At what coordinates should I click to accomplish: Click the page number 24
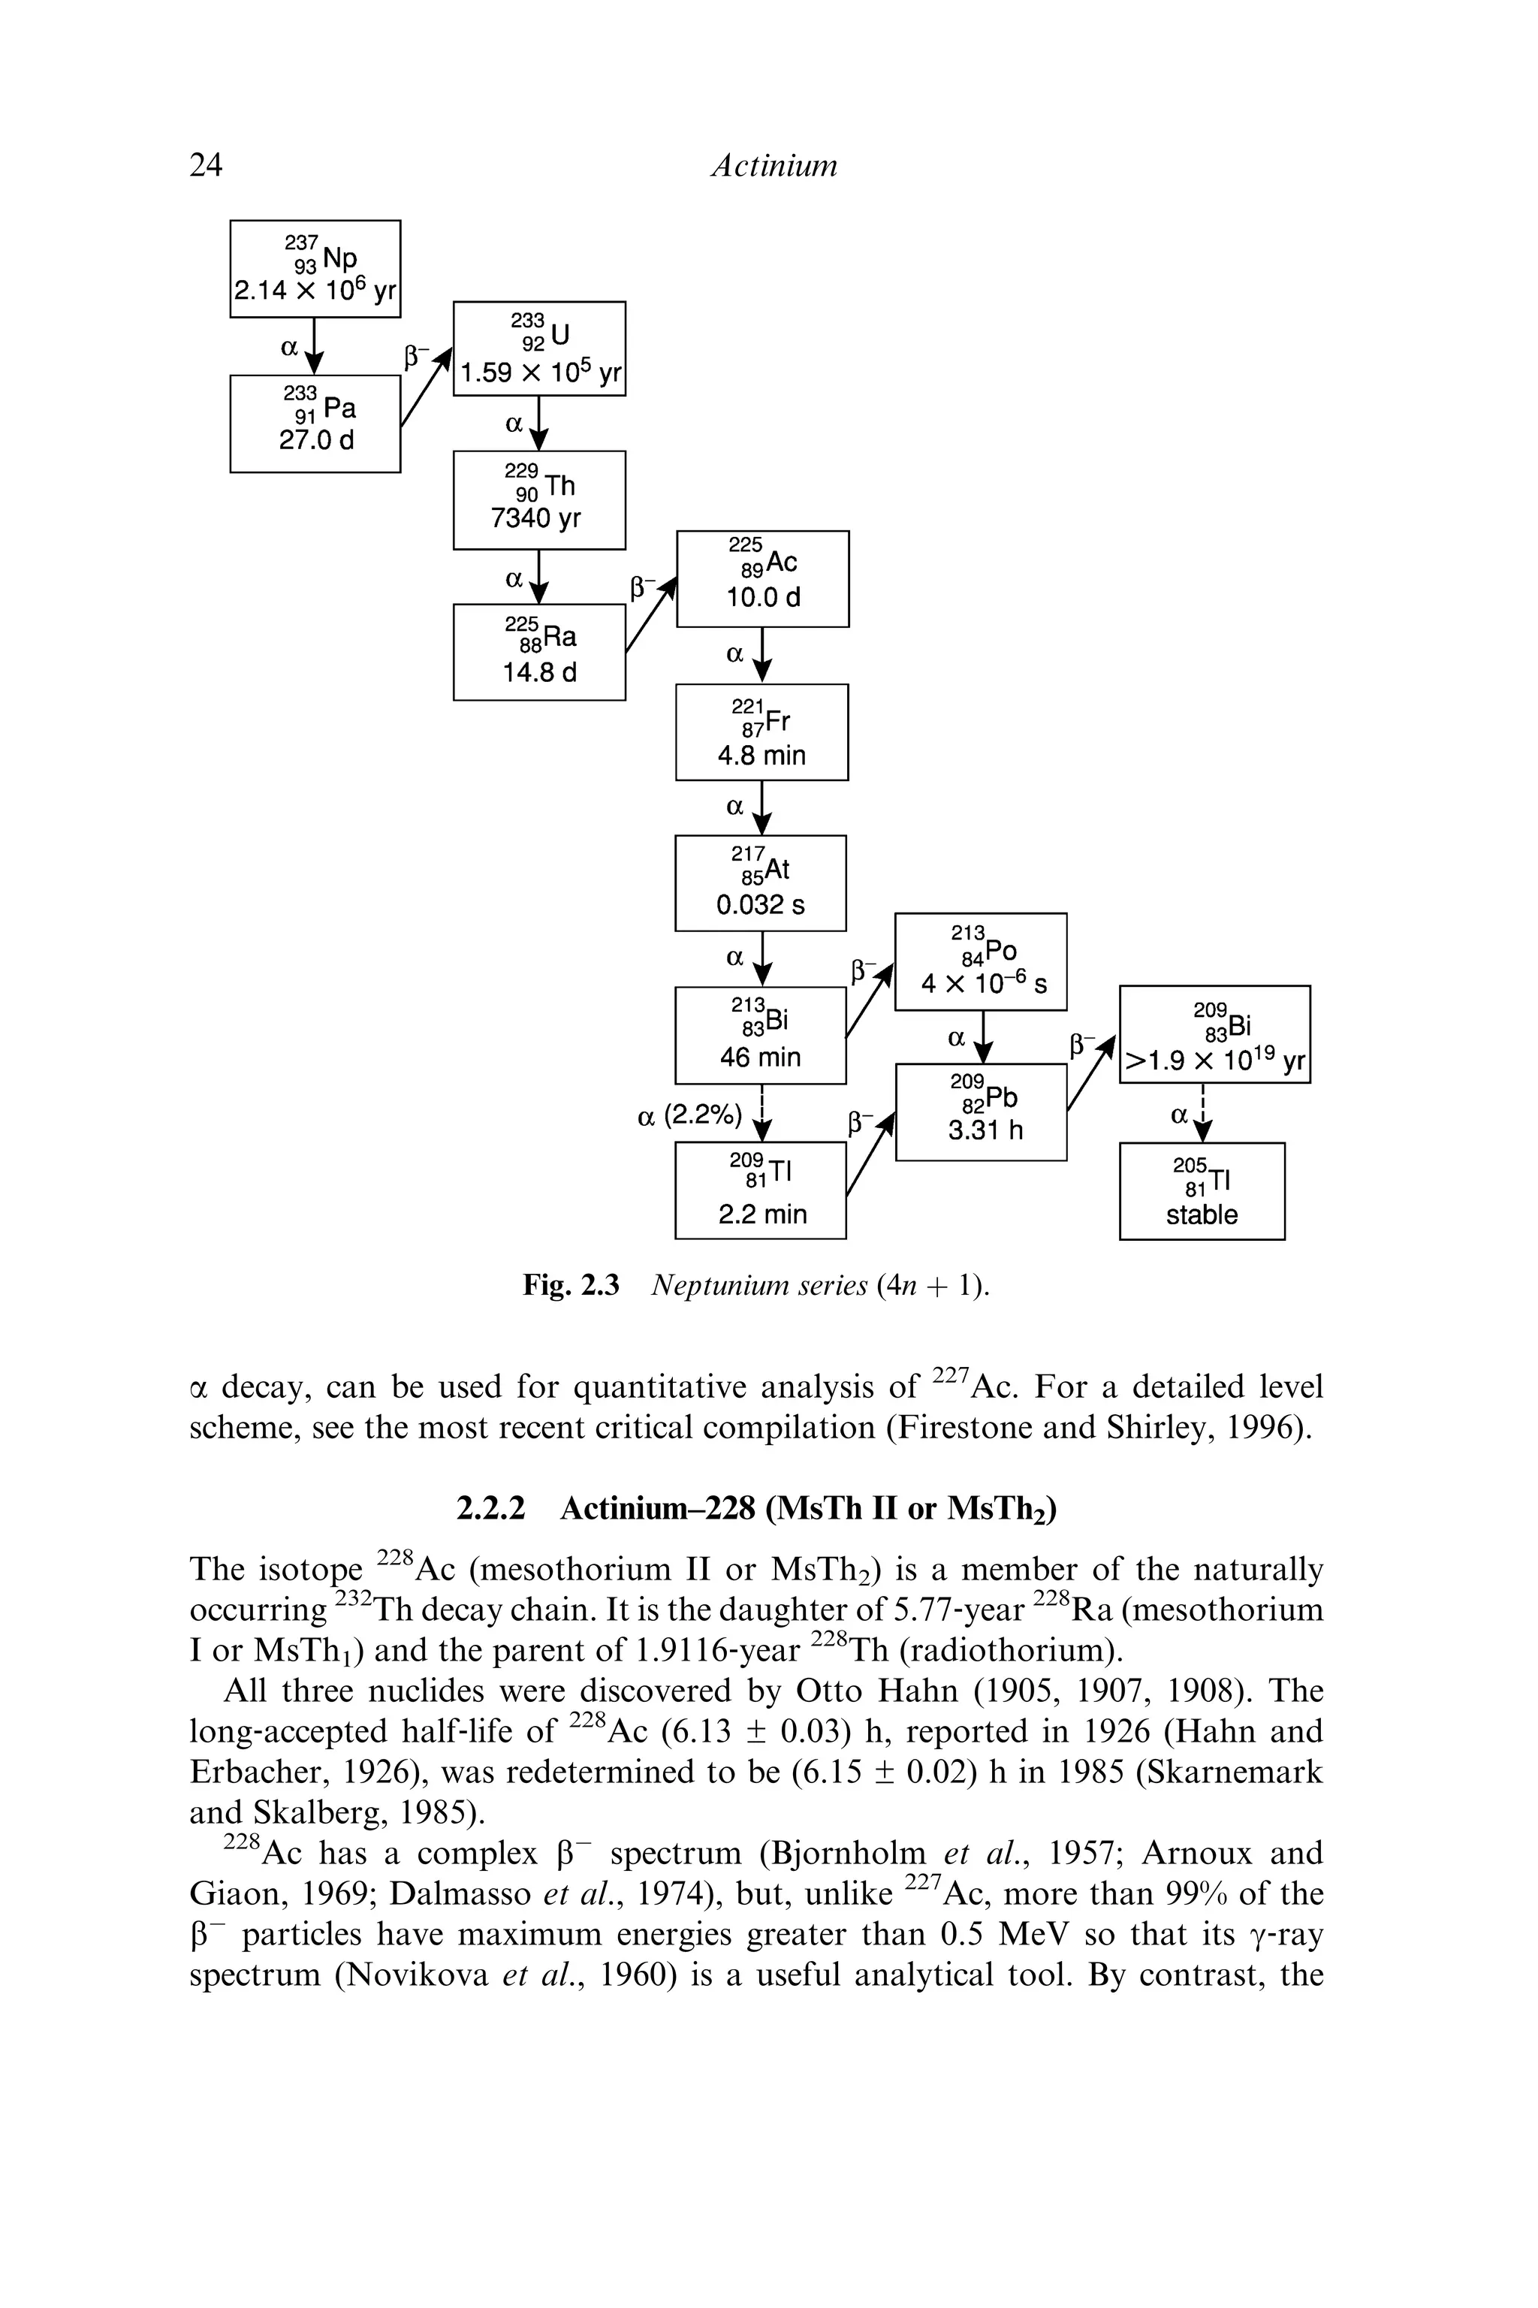[x=206, y=164]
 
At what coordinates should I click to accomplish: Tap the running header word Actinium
[x=774, y=164]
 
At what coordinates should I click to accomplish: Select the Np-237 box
[x=315, y=269]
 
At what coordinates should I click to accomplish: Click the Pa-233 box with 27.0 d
[x=315, y=424]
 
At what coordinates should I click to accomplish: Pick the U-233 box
[x=538, y=348]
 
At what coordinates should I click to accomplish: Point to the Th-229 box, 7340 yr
[x=538, y=500]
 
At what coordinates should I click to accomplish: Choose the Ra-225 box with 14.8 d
[x=538, y=652]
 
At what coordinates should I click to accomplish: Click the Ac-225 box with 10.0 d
[x=762, y=579]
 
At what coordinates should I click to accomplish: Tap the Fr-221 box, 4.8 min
[x=761, y=732]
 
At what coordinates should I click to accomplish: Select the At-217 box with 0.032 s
[x=760, y=882]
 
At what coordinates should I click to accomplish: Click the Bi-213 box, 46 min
[x=760, y=1035]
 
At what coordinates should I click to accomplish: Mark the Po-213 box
[x=980, y=961]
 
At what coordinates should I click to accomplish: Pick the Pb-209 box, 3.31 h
[x=981, y=1112]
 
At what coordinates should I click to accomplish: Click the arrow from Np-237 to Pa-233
[x=314, y=346]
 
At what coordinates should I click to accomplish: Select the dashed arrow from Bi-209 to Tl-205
[x=1204, y=1113]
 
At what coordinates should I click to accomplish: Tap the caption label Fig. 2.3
[x=571, y=1285]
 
